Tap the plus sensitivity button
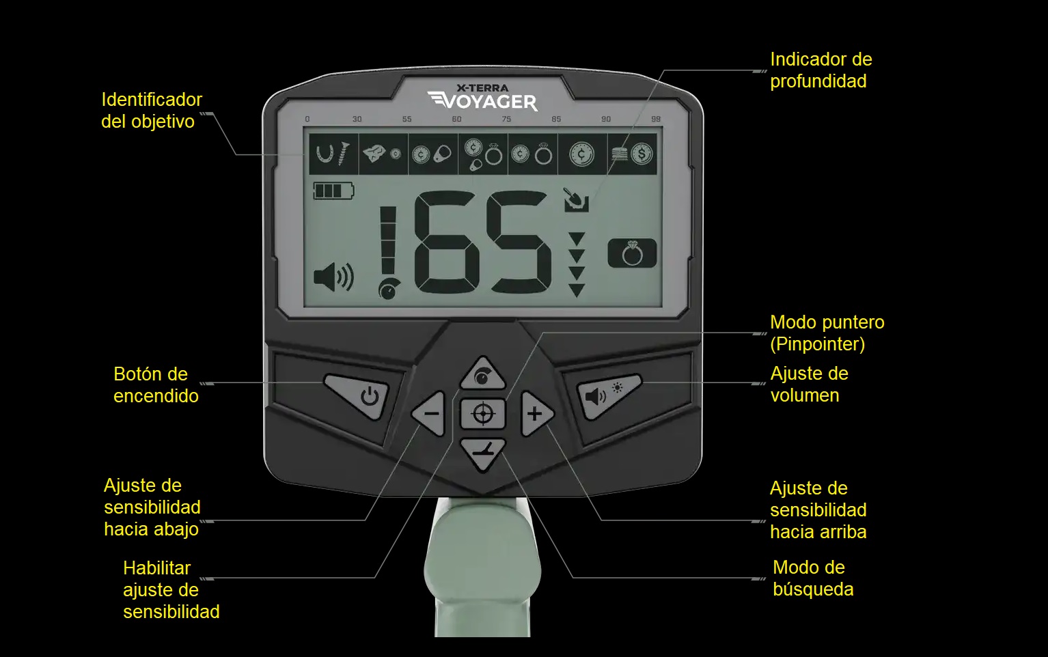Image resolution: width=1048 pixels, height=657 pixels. pos(536,414)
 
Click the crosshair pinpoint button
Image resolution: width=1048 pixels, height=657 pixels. pos(483,414)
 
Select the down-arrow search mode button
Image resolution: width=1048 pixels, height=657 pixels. pos(483,453)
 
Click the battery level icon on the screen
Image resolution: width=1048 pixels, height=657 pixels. pos(333,191)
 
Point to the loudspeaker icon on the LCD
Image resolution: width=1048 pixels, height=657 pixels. pos(333,277)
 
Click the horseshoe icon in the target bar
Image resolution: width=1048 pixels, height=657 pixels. pos(325,153)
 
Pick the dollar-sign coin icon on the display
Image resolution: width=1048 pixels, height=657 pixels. pos(642,154)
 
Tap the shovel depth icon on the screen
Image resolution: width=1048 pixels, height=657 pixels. pos(575,199)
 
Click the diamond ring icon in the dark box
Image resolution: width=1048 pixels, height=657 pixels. pos(632,253)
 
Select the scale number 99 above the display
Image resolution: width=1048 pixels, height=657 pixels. pos(656,120)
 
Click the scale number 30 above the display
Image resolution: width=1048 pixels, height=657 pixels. pos(357,120)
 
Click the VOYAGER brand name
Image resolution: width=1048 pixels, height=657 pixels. pos(483,102)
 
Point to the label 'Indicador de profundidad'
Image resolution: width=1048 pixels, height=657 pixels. pos(821,70)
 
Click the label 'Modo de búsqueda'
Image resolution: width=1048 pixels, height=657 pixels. pos(813,578)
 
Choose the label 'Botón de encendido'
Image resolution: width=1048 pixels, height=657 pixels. pos(156,385)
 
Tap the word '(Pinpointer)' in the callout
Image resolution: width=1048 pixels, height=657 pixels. pos(817,344)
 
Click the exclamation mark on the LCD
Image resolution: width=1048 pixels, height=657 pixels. pos(388,253)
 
